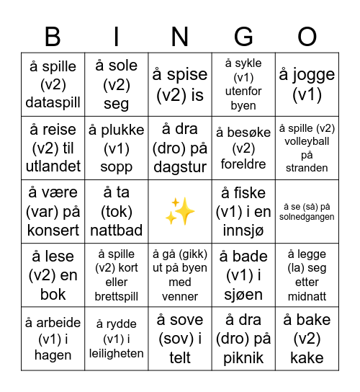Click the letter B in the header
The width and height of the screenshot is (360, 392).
[53, 37]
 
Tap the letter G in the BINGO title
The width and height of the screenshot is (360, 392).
[243, 37]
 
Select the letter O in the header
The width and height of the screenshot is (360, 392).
[307, 37]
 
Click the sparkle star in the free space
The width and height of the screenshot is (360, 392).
[180, 212]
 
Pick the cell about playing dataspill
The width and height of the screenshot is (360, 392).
[53, 85]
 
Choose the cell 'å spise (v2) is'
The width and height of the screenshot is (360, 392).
[180, 85]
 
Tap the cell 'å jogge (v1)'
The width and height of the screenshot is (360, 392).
[307, 85]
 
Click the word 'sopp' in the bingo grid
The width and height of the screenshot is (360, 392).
[116, 167]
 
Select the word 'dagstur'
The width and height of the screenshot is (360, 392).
[180, 167]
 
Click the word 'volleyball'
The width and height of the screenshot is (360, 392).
[307, 141]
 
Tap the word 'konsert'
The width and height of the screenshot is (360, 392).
[53, 231]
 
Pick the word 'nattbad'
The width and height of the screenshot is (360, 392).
[116, 231]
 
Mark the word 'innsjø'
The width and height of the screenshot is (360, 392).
[243, 231]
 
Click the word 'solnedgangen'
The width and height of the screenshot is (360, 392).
[307, 217]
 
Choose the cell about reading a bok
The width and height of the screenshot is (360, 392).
[53, 275]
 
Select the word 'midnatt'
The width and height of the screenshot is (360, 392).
[307, 296]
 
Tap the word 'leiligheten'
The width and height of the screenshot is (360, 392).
[116, 353]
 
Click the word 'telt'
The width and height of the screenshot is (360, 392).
[180, 357]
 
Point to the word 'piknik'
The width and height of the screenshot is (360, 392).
[243, 357]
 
